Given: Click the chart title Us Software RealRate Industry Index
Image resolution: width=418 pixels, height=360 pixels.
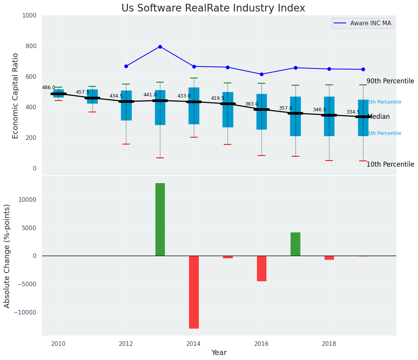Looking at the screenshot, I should click(x=213, y=8).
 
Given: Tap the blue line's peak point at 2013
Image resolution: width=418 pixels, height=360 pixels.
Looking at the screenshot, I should click(x=160, y=47).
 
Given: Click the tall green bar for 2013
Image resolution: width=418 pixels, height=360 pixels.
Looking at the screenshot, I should click(x=160, y=219).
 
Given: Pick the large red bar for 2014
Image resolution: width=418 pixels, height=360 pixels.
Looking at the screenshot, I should click(x=194, y=292).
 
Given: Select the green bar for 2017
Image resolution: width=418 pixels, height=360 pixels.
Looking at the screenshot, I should click(x=295, y=244).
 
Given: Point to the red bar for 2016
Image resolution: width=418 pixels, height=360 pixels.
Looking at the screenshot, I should click(x=261, y=268).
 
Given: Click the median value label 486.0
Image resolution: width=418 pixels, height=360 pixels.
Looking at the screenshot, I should click(x=48, y=88).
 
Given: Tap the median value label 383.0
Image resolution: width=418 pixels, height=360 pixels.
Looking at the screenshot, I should click(x=252, y=104).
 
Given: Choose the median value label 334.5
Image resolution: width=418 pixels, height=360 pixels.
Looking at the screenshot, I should click(x=353, y=112).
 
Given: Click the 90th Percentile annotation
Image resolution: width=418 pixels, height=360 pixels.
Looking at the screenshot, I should click(x=390, y=81).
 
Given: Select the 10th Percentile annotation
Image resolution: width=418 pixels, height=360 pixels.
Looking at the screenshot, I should click(x=390, y=164).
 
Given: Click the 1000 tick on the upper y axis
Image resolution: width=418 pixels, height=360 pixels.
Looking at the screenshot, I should click(x=29, y=15).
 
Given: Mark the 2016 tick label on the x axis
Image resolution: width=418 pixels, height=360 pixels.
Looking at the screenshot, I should click(x=261, y=344).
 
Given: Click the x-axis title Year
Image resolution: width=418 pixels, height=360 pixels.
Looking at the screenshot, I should click(x=219, y=353).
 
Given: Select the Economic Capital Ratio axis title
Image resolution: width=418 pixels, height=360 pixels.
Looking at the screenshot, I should click(x=16, y=96).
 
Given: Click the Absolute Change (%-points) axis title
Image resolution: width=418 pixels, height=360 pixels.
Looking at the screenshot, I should click(x=7, y=256).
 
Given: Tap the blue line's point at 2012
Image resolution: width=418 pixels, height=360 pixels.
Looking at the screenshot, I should click(x=126, y=66).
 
